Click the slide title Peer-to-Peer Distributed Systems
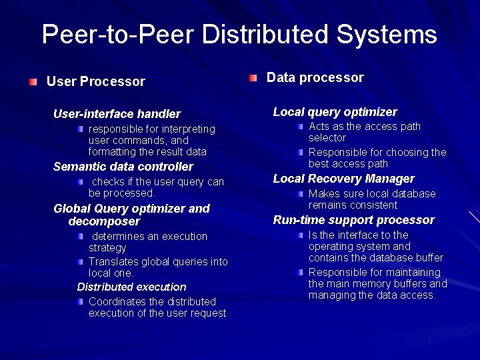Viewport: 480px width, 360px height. (x=239, y=34)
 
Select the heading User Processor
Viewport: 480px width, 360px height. (x=95, y=81)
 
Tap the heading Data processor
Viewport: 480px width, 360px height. (x=315, y=77)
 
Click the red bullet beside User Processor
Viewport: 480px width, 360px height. (x=33, y=81)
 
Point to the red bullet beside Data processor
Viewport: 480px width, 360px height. (x=253, y=78)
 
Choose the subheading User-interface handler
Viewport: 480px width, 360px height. (x=117, y=114)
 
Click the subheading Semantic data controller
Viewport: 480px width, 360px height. (x=123, y=167)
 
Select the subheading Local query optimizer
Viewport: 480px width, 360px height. (x=335, y=112)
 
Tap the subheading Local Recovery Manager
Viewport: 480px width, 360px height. (x=343, y=179)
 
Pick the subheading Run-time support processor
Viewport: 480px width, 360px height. (x=353, y=220)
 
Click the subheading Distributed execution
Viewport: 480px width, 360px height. (x=131, y=287)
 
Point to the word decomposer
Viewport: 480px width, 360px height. (x=104, y=221)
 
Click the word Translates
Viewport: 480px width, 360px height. (x=111, y=262)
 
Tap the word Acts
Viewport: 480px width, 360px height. (x=319, y=126)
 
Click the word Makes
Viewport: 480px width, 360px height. (x=323, y=193)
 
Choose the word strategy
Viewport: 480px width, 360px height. (x=107, y=247)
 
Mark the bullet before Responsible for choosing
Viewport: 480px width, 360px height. (x=301, y=152)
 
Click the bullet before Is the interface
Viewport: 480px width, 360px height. (x=301, y=235)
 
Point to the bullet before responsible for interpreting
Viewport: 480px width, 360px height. (x=79, y=128)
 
